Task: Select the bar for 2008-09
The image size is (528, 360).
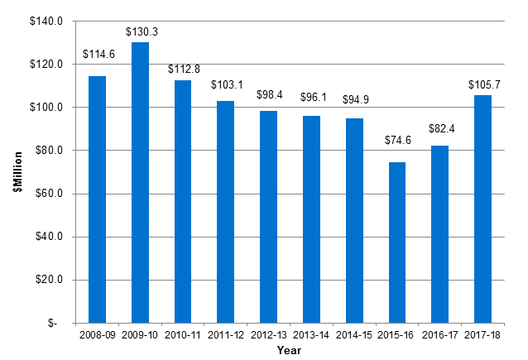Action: [x=98, y=199]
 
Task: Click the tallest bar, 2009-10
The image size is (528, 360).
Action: [x=141, y=182]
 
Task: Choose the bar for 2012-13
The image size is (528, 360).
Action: [x=268, y=216]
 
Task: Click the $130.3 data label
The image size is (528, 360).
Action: [x=141, y=31]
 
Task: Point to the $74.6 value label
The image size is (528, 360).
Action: [x=397, y=140]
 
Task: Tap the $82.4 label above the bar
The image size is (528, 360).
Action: [x=439, y=128]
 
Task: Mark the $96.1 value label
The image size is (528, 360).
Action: [x=311, y=98]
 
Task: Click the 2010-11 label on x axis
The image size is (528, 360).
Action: [x=183, y=335]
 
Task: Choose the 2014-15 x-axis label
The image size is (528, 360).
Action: [x=354, y=335]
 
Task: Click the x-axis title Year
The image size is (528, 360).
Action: [x=289, y=351]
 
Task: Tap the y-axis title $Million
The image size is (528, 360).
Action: [x=16, y=172]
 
